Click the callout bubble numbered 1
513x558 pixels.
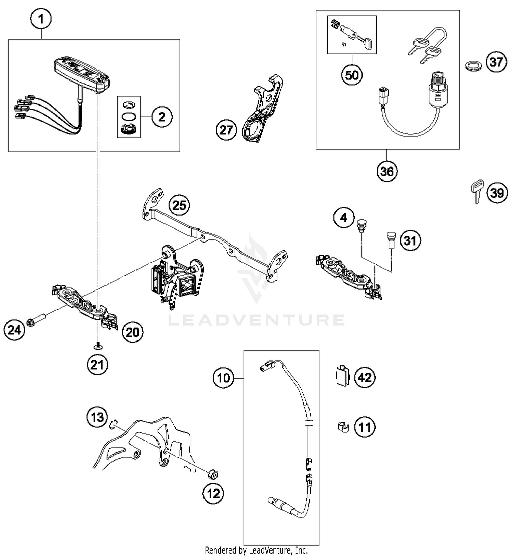[41, 19]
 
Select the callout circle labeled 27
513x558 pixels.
[226, 130]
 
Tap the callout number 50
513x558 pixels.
[352, 75]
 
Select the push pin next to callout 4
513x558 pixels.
[360, 225]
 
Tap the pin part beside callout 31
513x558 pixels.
[390, 240]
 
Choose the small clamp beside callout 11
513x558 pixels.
[342, 427]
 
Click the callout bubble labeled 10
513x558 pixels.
[224, 378]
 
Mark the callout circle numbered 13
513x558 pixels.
[97, 417]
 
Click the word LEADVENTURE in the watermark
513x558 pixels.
[256, 320]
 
